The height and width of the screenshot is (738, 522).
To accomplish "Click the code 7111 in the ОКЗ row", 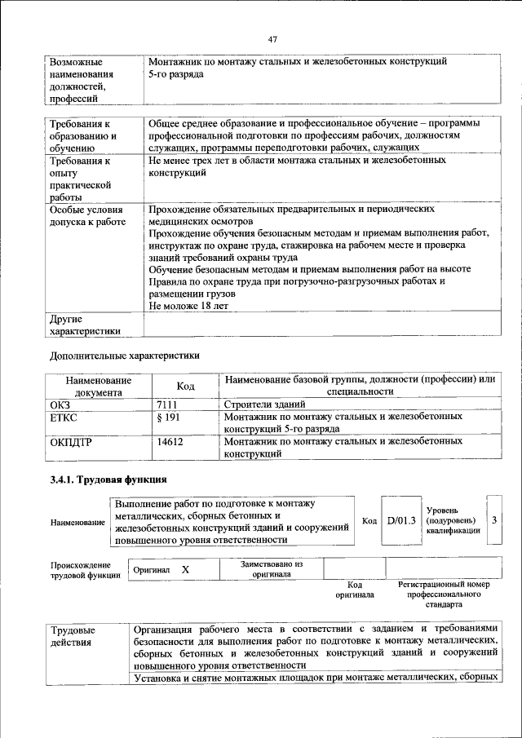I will point(166,404).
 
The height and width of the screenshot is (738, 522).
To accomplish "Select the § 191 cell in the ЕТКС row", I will point(166,418).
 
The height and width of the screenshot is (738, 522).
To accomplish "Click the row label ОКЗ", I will point(61,404).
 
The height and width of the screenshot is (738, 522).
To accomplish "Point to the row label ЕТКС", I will point(64,418).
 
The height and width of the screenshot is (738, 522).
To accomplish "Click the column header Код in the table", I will point(185,386).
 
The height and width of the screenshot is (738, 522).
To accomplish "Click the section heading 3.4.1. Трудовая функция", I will point(108,479).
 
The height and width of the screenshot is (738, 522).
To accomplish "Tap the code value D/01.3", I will point(401,520).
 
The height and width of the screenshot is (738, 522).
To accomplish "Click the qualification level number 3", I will point(494,519).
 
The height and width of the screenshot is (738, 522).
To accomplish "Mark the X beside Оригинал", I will point(185,571).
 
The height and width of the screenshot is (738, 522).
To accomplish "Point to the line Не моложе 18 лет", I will point(188,305).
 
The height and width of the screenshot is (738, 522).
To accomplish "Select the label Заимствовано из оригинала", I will point(272,568).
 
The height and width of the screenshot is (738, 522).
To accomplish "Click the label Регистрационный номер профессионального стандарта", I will point(443,595).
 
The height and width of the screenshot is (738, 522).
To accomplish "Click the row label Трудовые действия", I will point(73,637).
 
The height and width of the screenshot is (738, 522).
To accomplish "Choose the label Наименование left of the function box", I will point(77,521).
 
